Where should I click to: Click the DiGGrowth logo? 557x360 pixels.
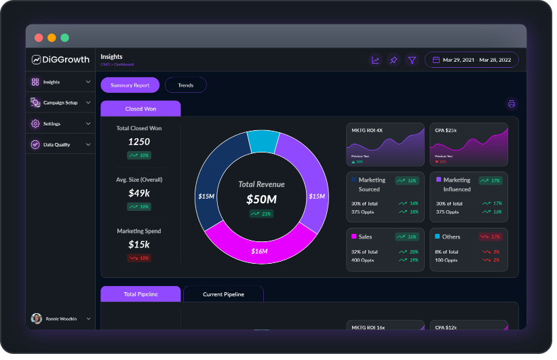click(60, 59)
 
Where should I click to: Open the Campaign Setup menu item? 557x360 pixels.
click(60, 102)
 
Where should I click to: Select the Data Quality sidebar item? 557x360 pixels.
click(56, 144)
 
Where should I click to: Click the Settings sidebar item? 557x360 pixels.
click(52, 124)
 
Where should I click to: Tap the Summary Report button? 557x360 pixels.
click(130, 85)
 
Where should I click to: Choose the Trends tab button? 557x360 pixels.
click(185, 85)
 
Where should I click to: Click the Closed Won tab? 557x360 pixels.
click(140, 108)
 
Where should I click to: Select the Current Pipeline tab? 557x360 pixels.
click(223, 294)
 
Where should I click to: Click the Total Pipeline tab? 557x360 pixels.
click(140, 294)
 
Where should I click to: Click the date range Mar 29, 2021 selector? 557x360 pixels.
click(472, 60)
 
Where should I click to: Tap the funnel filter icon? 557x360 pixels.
click(412, 60)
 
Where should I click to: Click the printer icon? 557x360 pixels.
click(512, 104)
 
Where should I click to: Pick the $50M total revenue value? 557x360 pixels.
click(261, 199)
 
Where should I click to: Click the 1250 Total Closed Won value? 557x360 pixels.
click(139, 142)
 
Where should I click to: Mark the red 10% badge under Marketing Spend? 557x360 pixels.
click(139, 258)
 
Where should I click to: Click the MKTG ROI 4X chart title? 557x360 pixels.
click(367, 129)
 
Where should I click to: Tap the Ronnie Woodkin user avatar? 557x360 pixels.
click(37, 319)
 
